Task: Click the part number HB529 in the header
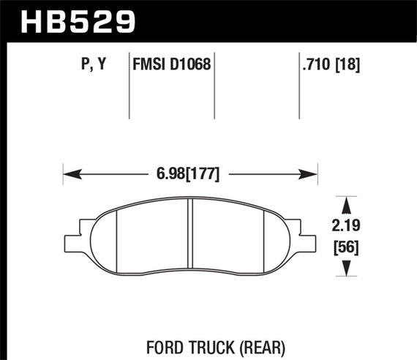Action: coord(69,20)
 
